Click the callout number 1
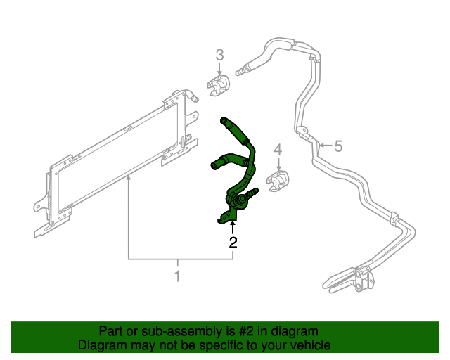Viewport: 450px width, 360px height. (177, 276)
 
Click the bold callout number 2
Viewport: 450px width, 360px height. (233, 243)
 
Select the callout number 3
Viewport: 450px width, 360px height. (219, 55)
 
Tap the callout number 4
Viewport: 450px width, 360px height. (278, 150)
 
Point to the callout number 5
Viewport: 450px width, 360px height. (338, 146)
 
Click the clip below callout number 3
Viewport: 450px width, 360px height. (219, 87)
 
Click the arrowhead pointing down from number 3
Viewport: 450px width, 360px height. (219, 72)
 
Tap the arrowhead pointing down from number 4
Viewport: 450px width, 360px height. (278, 167)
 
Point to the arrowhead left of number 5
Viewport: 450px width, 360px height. (321, 146)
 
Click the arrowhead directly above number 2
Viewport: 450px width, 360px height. (233, 224)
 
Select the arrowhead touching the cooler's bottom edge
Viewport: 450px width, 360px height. (128, 181)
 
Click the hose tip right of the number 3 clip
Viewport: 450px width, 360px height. (243, 70)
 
